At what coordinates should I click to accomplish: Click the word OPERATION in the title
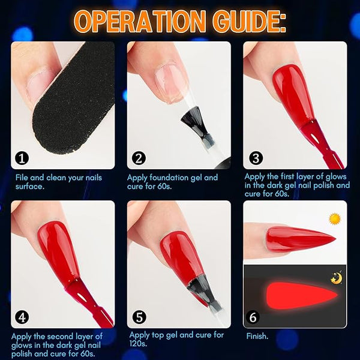pos(140,22)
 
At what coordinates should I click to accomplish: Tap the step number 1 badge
pos(22,158)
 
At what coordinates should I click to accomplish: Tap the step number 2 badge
pos(139,158)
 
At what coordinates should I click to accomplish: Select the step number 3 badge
pos(256,158)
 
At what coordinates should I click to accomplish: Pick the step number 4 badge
pos(22,317)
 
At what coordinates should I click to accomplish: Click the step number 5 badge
pos(139,317)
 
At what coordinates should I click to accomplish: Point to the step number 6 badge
pos(253,317)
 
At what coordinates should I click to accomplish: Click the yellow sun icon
pos(335,219)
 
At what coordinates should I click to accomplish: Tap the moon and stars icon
pos(337,277)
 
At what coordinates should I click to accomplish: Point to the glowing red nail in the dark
pos(302,295)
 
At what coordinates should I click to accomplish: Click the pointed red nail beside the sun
pos(299,238)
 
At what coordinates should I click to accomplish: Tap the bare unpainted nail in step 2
pos(170,83)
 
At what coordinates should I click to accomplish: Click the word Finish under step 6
pos(257,336)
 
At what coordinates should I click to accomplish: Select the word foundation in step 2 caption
pos(169,178)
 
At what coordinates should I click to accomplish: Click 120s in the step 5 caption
pos(138,343)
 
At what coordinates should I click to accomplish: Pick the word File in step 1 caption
pos(22,178)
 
